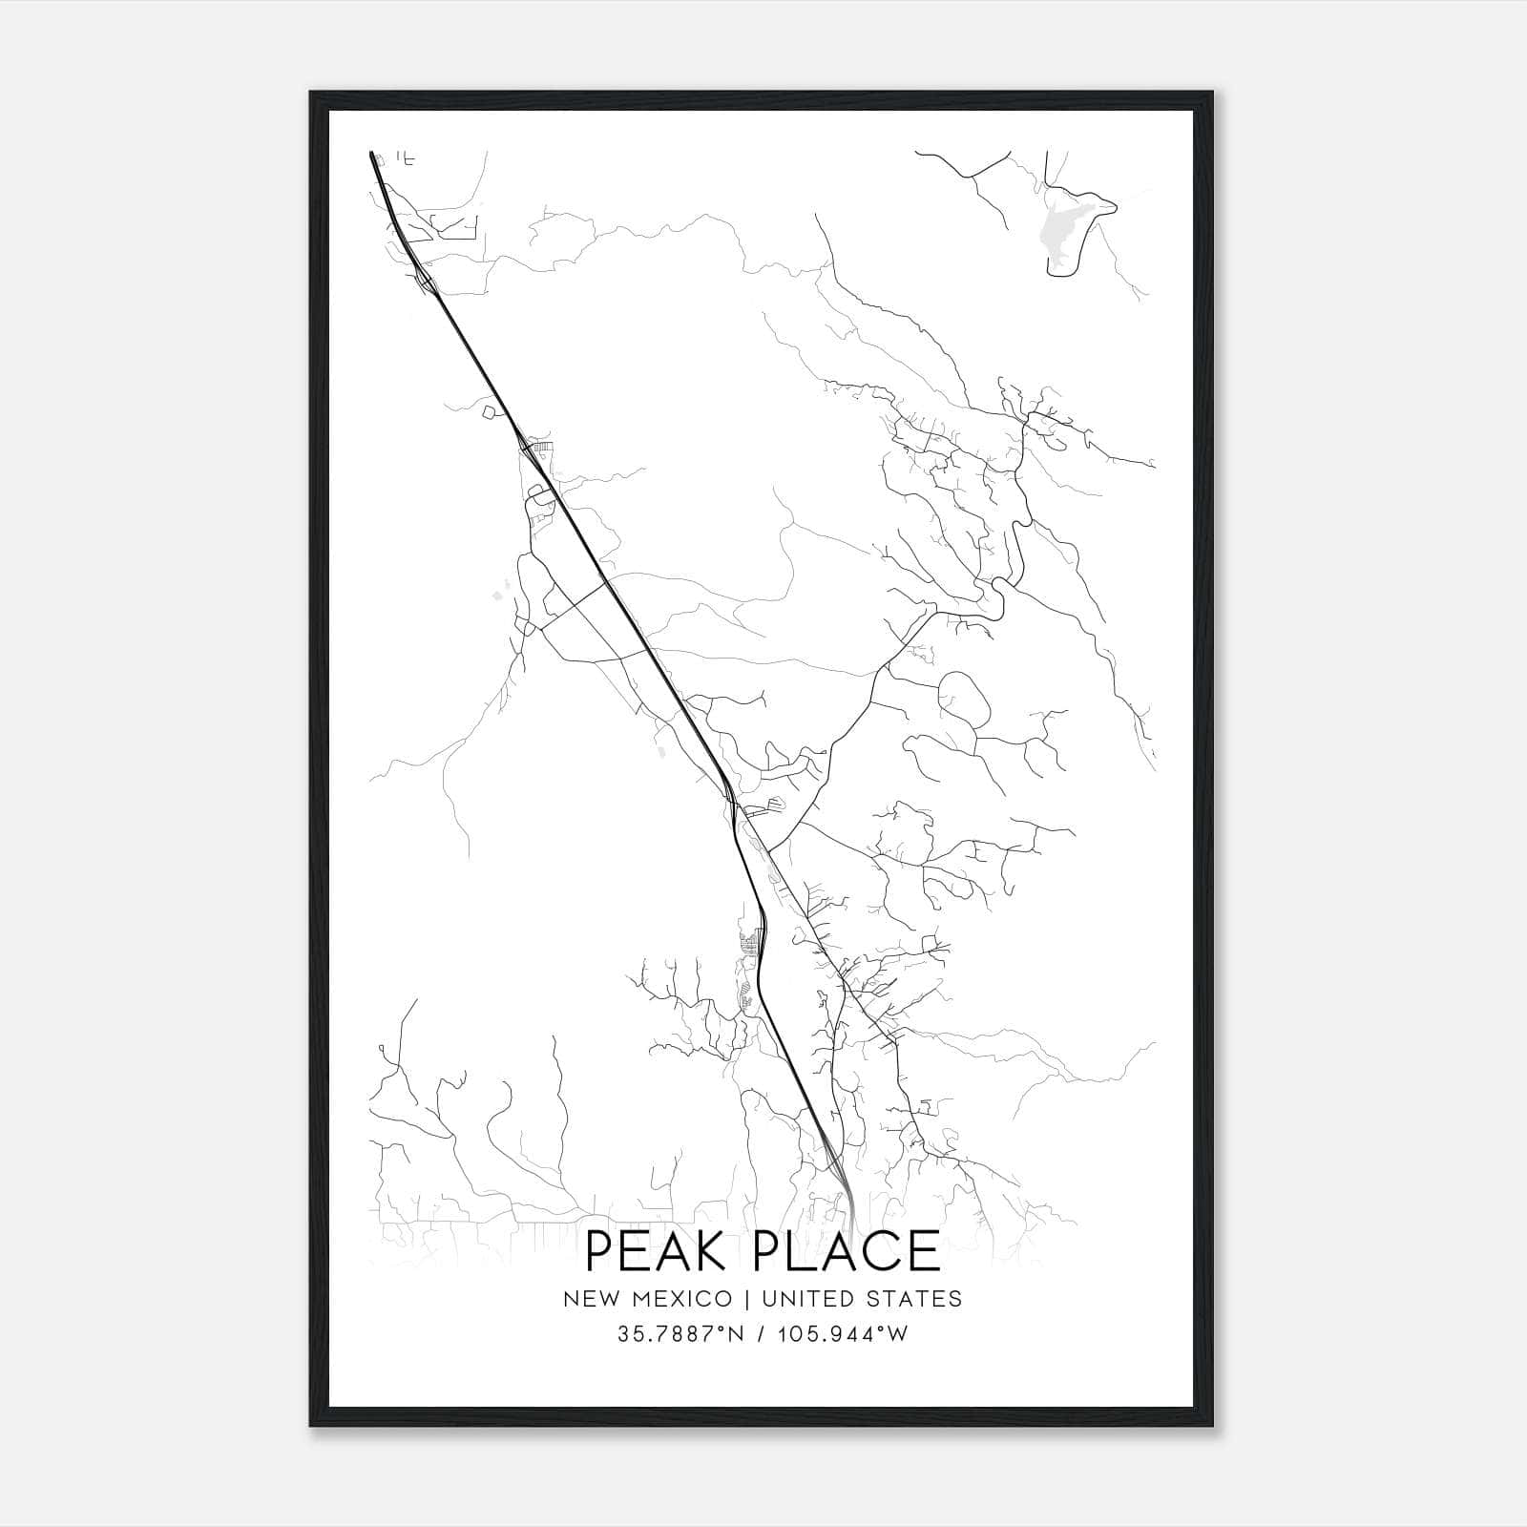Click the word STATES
click(x=917, y=1299)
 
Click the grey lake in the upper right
click(x=1063, y=229)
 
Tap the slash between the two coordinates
click(x=761, y=1334)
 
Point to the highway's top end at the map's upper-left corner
click(x=370, y=153)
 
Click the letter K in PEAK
click(x=706, y=1251)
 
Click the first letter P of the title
click(x=599, y=1251)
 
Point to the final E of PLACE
click(x=924, y=1251)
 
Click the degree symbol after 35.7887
click(x=725, y=1328)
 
